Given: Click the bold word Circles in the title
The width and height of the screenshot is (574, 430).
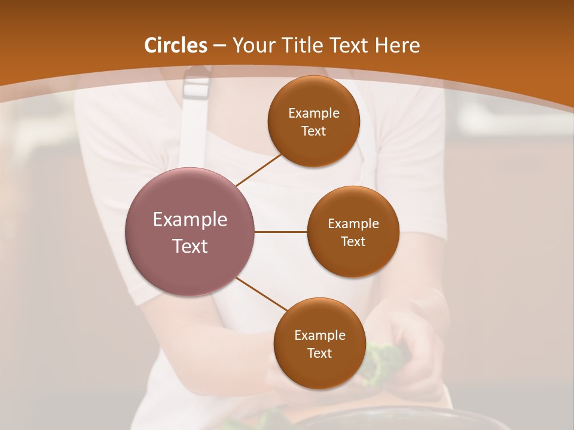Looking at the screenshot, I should (176, 45).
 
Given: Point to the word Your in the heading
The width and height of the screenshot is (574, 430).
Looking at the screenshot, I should (253, 45).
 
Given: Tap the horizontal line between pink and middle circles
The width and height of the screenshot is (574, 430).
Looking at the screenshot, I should (281, 232).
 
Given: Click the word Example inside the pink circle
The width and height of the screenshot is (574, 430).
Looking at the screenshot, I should (190, 220).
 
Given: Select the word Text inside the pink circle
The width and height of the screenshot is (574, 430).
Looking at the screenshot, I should (190, 246).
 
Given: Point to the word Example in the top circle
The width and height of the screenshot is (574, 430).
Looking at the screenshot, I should (313, 113).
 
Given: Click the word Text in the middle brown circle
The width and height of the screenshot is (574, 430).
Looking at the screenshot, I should (353, 241).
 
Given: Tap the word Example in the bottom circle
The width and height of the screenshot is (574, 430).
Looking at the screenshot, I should (319, 336).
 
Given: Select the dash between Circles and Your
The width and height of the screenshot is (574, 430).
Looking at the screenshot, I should (219, 46).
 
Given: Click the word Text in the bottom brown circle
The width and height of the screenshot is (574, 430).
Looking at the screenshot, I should (319, 353).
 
